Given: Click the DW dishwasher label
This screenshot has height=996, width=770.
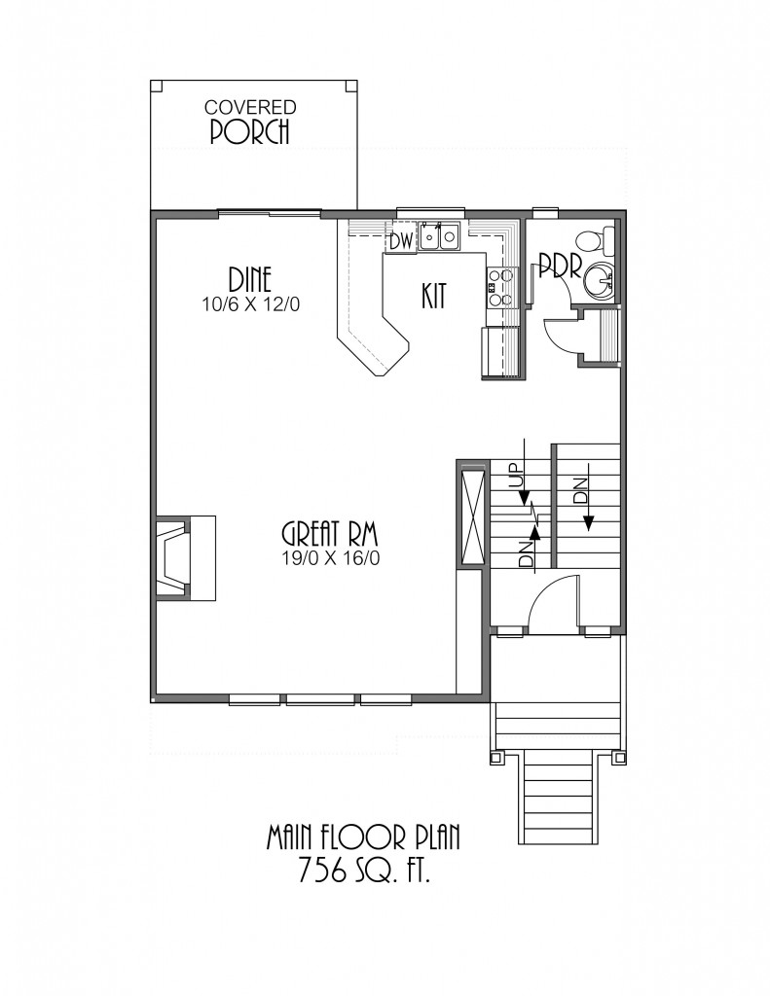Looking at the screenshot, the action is [401, 241].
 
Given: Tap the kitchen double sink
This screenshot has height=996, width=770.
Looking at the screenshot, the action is [439, 236].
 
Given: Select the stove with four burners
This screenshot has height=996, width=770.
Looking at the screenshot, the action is [501, 288].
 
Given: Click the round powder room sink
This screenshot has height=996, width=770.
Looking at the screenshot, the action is [599, 281].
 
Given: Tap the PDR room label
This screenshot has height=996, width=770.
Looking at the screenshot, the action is [560, 266].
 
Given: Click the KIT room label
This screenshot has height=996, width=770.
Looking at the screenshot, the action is [433, 296].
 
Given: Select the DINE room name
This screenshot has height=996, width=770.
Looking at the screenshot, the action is [250, 280].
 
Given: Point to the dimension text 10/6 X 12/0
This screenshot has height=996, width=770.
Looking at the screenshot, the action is [250, 304].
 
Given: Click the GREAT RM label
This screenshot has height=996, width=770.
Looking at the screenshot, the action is [330, 534].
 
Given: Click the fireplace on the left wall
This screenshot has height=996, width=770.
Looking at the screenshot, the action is [185, 557].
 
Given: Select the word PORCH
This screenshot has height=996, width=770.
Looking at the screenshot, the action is [250, 131].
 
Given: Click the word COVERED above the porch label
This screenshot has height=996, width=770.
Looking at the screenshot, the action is [250, 107].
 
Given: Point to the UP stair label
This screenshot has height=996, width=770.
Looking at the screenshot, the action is [518, 475].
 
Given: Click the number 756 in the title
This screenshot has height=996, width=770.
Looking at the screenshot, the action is [322, 871].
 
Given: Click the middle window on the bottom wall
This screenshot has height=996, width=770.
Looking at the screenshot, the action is [320, 699].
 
